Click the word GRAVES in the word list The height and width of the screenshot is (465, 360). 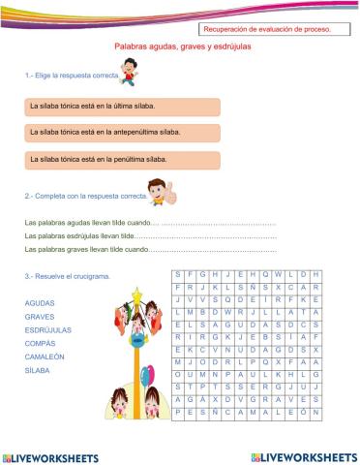[40, 317]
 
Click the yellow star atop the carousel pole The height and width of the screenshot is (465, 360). [138, 292]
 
